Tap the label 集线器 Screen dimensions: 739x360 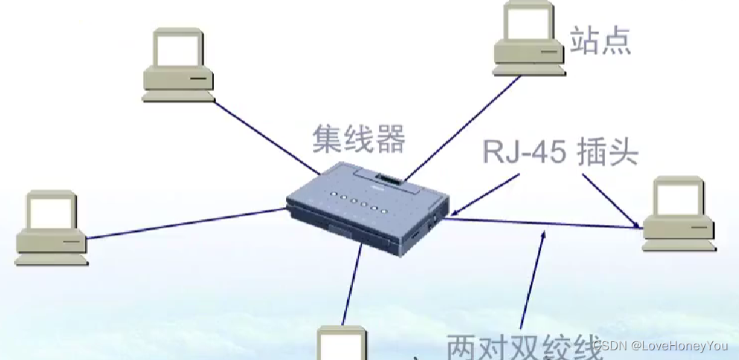pos(358,139)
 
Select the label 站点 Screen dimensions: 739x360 pos(600,41)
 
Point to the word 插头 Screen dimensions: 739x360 pos(608,152)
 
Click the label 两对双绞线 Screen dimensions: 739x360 pos(521,347)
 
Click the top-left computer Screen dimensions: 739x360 pos(177,65)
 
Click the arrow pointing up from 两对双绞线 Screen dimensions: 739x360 pos(534,283)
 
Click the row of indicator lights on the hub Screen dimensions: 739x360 pos(355,199)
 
